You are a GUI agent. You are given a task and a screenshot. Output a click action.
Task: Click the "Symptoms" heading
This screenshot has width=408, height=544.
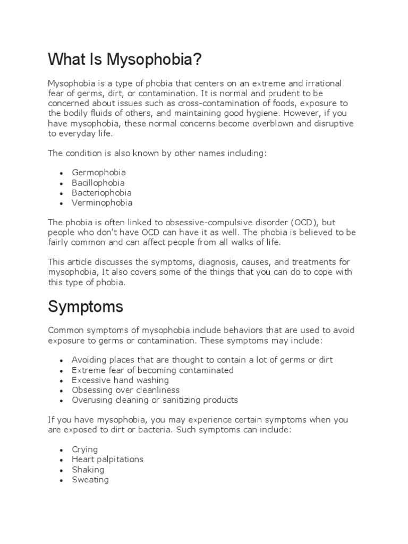86,307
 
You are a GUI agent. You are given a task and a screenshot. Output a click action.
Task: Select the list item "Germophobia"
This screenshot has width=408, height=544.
99,173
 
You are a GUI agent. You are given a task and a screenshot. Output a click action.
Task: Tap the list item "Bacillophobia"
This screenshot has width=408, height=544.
98,183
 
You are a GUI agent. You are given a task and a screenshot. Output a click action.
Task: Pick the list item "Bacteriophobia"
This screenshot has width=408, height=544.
101,193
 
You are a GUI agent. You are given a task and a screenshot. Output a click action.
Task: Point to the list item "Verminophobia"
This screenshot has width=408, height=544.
102,203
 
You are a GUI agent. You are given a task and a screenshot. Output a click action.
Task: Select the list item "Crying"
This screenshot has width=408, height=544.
85,449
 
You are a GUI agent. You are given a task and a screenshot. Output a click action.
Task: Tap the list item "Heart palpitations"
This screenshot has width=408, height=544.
108,460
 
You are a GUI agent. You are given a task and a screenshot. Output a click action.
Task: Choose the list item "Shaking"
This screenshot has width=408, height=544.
88,470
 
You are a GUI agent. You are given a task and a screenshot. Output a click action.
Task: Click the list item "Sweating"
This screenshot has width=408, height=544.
90,480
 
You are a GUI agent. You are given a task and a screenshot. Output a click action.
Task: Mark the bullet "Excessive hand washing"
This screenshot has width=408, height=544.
120,380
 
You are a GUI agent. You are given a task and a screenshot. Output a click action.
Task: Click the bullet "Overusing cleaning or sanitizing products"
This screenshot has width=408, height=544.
155,400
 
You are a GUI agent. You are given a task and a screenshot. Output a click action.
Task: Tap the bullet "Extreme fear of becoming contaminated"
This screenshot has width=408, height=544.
152,370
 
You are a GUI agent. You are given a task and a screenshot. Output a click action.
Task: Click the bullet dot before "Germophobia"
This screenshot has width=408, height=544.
62,174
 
